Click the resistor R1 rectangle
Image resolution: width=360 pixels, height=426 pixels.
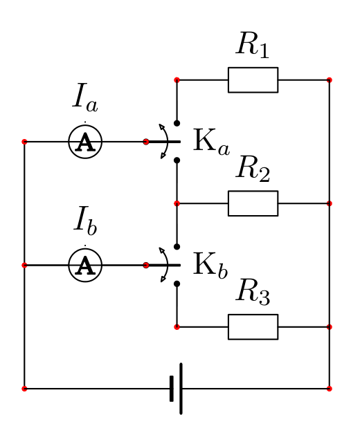point(253,80)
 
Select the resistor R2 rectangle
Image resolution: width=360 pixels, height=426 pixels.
point(253,203)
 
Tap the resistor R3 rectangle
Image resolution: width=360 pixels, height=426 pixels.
point(253,327)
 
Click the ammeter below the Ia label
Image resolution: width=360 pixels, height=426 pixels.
point(85,142)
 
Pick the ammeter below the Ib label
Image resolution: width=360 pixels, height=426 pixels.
point(85,265)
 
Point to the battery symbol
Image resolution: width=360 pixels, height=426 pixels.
point(177,389)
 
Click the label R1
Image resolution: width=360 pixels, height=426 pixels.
point(253,46)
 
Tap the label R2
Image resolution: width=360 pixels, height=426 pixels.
point(253,169)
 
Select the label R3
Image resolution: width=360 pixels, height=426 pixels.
point(253,293)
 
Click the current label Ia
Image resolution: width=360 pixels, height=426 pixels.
point(85,98)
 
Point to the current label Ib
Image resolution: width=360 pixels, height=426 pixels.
point(85,221)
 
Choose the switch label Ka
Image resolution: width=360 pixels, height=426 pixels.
point(212,142)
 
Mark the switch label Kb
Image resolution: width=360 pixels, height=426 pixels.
point(210,266)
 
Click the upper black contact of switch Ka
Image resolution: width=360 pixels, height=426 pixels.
point(177,123)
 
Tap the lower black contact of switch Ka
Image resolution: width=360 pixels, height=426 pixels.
point(177,160)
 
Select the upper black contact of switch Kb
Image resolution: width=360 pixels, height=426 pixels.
point(177,247)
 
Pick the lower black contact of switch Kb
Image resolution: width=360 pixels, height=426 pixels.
point(177,284)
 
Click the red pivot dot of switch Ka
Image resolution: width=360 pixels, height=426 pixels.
point(146,142)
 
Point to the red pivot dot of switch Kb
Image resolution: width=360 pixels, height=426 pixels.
point(146,265)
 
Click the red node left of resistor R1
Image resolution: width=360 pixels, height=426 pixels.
point(177,80)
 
